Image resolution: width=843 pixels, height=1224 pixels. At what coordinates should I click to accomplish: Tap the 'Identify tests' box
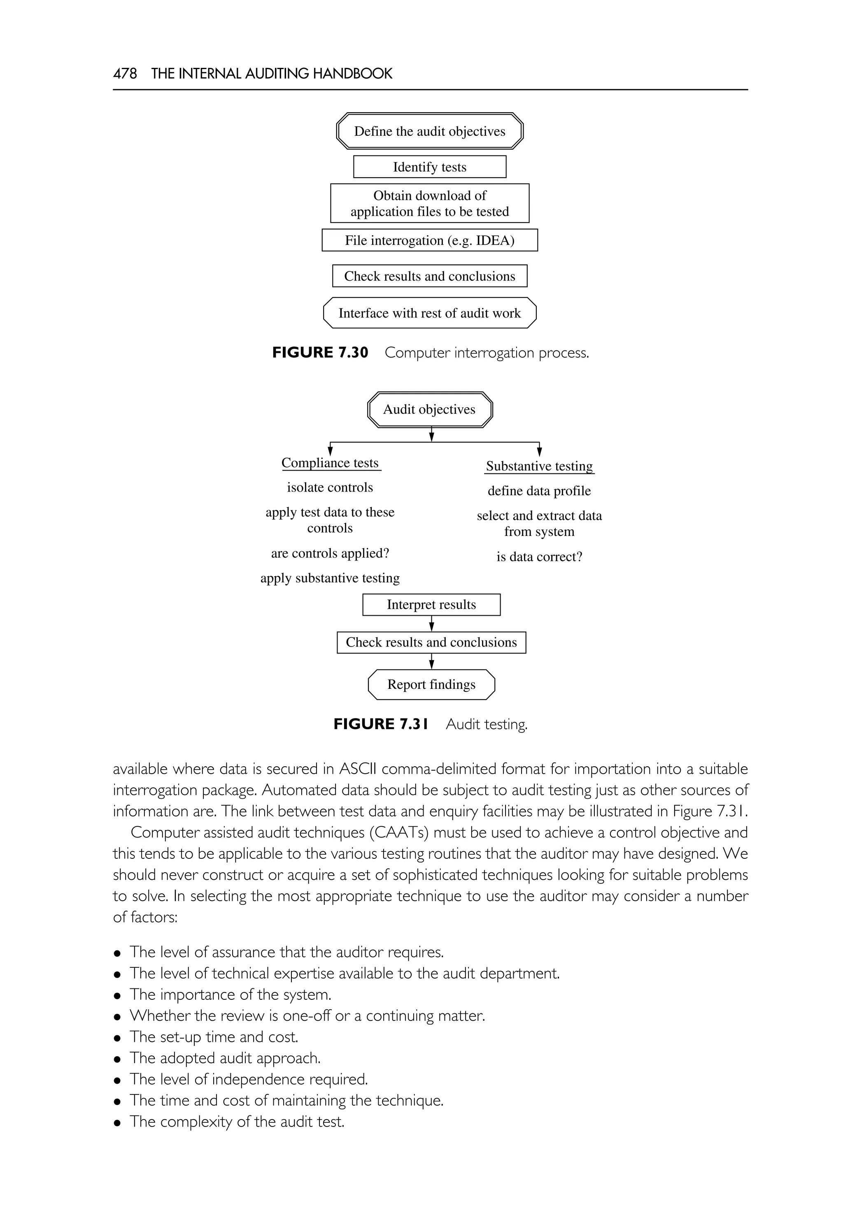(x=429, y=167)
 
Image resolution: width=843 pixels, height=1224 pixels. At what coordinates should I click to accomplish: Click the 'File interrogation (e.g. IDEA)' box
(x=429, y=240)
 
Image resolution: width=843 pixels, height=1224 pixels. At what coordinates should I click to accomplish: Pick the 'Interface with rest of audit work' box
(x=429, y=313)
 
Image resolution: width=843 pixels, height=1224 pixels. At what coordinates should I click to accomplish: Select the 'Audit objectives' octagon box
(x=429, y=410)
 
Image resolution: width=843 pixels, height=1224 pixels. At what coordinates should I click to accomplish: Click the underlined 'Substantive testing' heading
(x=539, y=466)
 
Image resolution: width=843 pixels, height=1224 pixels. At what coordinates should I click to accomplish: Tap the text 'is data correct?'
(x=539, y=557)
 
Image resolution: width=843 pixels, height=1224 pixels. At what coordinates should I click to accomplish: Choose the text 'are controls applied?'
(x=330, y=553)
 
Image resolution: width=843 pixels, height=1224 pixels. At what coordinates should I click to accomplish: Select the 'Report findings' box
(x=431, y=684)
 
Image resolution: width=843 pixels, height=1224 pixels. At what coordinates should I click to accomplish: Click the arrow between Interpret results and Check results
(x=431, y=624)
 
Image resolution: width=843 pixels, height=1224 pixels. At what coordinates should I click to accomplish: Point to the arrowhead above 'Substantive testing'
(x=539, y=452)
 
